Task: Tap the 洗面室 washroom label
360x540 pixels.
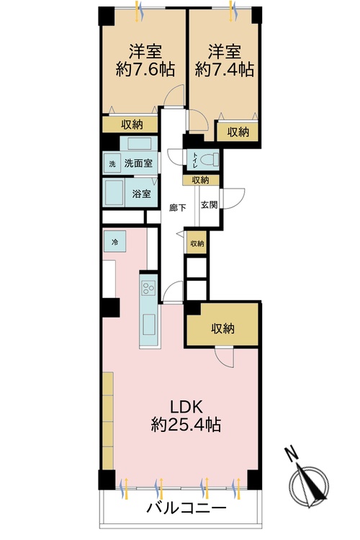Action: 138,163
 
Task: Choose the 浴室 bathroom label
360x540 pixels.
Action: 141,194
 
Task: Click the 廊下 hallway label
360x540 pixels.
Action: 178,208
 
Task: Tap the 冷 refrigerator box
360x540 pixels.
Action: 114,242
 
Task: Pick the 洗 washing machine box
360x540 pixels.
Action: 112,163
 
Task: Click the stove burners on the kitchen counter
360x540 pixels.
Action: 149,289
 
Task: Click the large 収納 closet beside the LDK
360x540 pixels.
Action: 222,328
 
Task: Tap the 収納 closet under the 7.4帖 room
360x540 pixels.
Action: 238,132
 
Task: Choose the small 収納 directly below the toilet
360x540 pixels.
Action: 200,180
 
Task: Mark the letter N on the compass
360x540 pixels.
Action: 291,454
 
